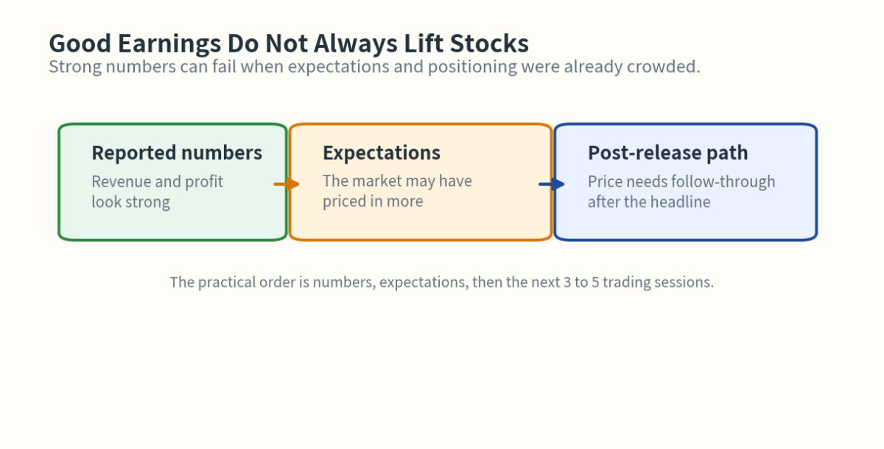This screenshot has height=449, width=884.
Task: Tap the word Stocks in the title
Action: click(x=493, y=44)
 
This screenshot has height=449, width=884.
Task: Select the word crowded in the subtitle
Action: click(x=662, y=67)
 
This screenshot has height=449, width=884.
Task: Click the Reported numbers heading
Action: click(x=177, y=153)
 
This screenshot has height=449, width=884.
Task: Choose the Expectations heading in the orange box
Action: click(x=382, y=153)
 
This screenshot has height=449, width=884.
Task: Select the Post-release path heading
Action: click(x=667, y=153)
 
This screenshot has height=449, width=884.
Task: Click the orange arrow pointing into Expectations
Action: click(x=287, y=184)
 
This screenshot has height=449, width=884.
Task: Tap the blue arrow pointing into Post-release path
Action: click(x=552, y=184)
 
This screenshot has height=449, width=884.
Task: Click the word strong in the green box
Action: click(x=147, y=202)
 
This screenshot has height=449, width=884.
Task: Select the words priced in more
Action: click(x=373, y=202)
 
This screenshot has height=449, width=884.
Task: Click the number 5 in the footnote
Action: click(x=594, y=282)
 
